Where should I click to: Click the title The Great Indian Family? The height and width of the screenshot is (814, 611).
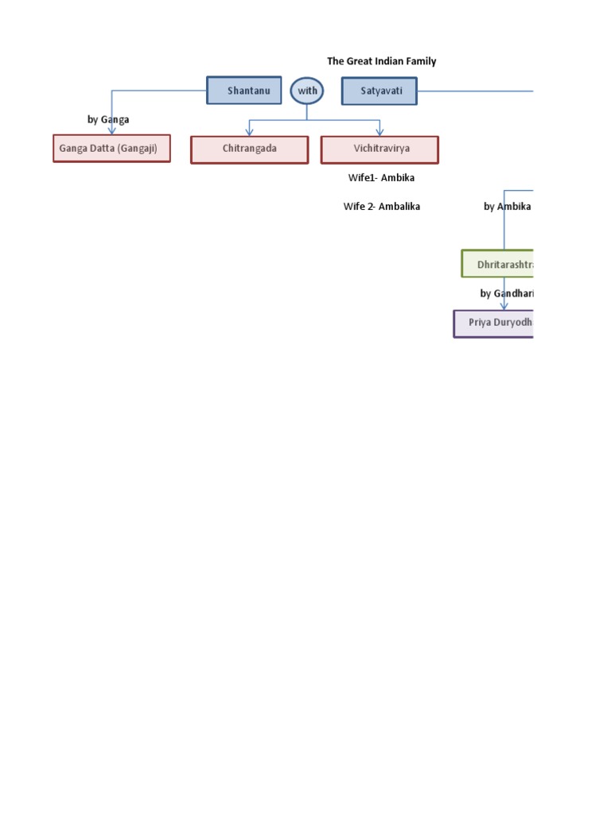[381, 61]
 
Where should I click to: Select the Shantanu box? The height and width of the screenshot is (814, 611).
[244, 91]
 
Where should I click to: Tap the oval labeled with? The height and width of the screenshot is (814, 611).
[307, 91]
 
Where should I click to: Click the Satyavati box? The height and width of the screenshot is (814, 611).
[379, 91]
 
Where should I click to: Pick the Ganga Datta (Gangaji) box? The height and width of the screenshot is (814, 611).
[111, 149]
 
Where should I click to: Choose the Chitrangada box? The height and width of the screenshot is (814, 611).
[249, 149]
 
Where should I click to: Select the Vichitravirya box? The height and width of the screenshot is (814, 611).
[379, 149]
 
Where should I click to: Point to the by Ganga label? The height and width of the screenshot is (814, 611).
[108, 119]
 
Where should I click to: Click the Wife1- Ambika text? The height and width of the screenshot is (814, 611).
[381, 177]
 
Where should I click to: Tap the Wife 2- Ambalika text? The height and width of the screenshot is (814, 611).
[381, 206]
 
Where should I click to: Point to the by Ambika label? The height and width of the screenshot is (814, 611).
[507, 206]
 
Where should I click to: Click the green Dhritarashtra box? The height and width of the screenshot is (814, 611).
[497, 263]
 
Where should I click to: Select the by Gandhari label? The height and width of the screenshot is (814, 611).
[506, 293]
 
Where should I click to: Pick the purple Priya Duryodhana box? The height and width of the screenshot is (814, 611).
[493, 324]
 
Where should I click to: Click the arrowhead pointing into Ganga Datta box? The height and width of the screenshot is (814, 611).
[111, 130]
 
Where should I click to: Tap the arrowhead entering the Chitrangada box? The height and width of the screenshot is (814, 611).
[250, 131]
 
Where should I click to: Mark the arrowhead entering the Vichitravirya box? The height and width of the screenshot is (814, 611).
[379, 131]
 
